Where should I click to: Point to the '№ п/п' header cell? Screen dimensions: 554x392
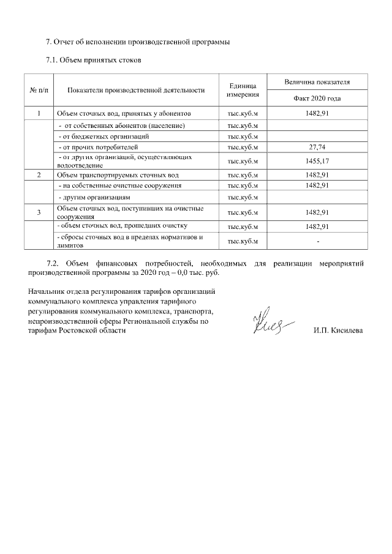[39, 90]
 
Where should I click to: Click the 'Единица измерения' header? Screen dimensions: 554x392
[243, 90]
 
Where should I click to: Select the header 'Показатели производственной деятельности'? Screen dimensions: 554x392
[136, 90]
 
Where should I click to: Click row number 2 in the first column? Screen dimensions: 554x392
[39, 175]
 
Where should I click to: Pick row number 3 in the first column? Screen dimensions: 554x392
[39, 212]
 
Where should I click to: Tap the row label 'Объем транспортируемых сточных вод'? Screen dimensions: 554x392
[117, 175]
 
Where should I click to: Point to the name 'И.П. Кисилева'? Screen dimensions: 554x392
[337, 331]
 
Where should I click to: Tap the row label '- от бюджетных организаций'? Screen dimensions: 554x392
[104, 137]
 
